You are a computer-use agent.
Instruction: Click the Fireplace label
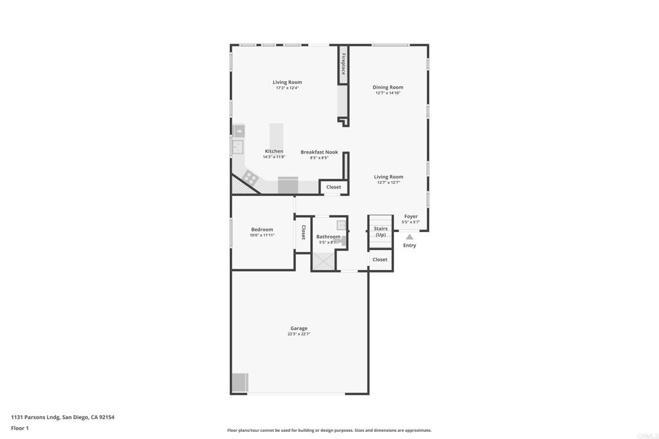(344, 64)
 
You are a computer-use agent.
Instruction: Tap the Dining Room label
(388, 87)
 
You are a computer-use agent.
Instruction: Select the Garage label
(299, 328)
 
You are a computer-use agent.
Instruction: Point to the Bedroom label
(262, 229)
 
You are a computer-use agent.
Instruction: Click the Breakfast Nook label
(319, 152)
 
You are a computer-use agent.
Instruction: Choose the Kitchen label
(274, 151)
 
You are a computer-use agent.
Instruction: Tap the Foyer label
(411, 217)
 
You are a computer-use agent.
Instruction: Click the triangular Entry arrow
(409, 237)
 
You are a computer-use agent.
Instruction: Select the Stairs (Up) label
(381, 231)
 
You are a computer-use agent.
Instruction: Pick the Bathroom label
(328, 237)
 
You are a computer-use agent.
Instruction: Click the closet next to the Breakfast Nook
(334, 187)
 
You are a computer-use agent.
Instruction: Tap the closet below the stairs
(380, 260)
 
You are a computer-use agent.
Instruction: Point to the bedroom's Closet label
(303, 233)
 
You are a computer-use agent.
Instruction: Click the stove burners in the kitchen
(249, 177)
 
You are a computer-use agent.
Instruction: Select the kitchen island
(276, 136)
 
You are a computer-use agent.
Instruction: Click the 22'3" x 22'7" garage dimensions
(299, 334)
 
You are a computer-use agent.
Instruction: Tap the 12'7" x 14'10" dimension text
(388, 93)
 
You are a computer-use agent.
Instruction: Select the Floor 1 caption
(20, 428)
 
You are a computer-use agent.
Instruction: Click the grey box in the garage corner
(240, 382)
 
